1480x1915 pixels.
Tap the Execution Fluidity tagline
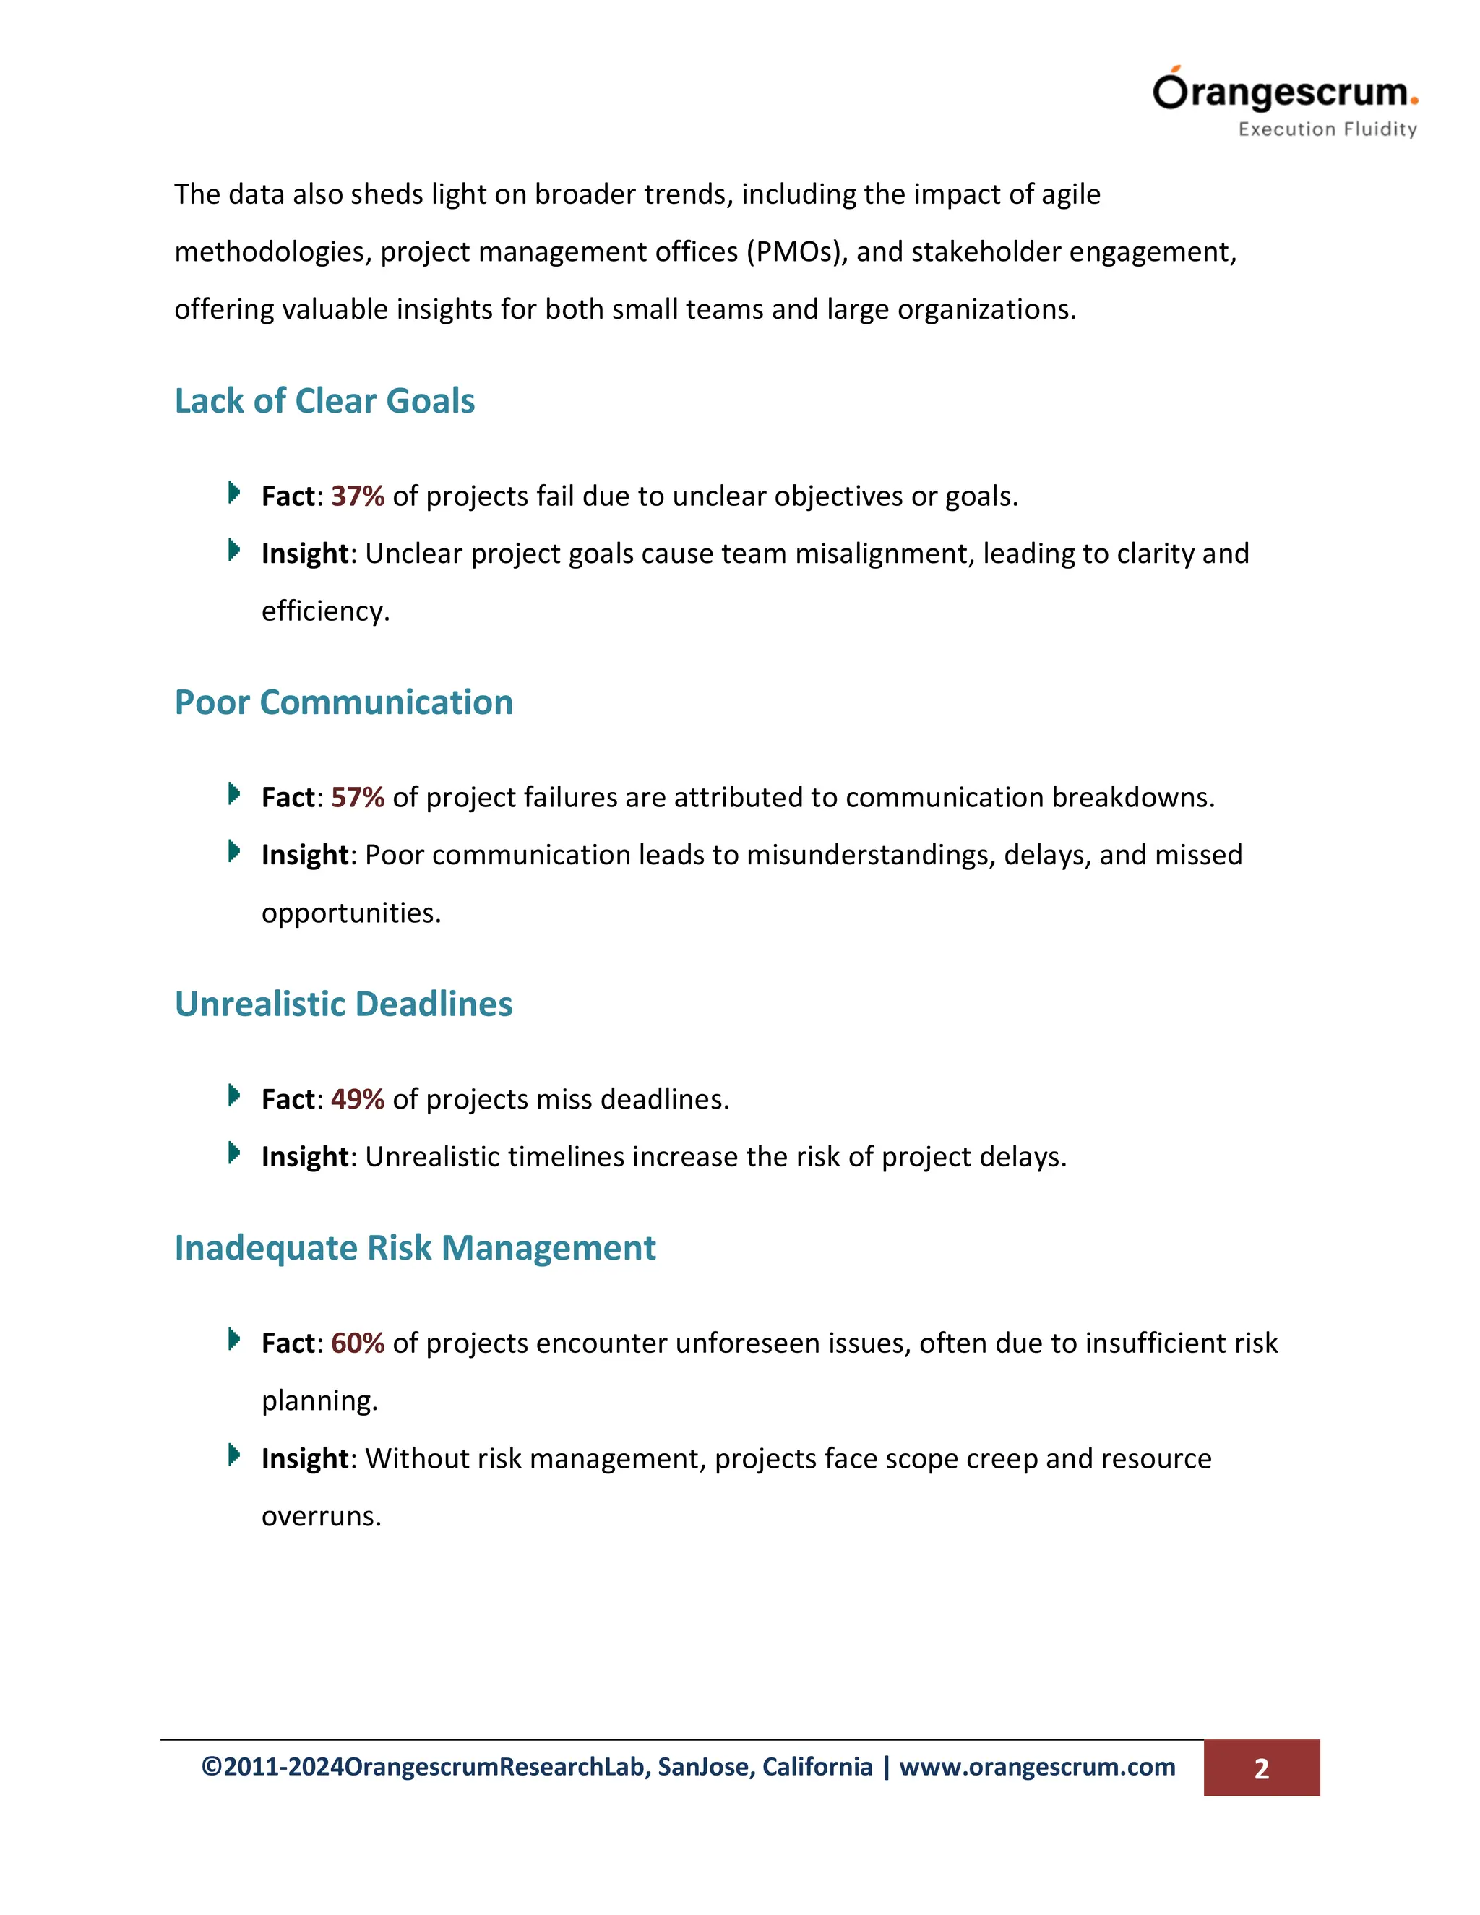click(1327, 129)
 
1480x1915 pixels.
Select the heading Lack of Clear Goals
click(324, 401)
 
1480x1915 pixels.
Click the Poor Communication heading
click(344, 702)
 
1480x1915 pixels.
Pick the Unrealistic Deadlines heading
click(344, 1004)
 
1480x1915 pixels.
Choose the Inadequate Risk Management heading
click(415, 1248)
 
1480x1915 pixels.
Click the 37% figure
click(358, 496)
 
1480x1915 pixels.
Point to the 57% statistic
click(358, 798)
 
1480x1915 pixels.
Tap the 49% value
click(358, 1100)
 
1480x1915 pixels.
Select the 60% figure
click(358, 1343)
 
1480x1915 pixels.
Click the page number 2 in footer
click(1261, 1768)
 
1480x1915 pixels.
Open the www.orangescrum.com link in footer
click(1037, 1767)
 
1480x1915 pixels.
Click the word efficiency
click(324, 611)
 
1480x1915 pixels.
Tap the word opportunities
click(350, 913)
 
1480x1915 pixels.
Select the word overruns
click(321, 1516)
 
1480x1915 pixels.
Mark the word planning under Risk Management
click(319, 1401)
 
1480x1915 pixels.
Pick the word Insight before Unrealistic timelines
click(305, 1158)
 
